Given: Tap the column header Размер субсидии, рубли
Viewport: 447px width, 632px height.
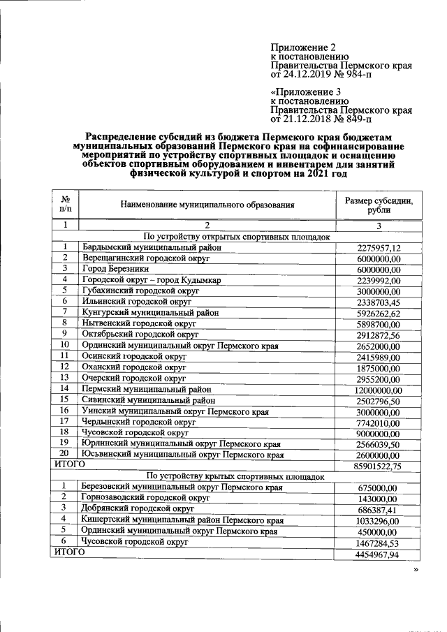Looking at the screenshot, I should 379,205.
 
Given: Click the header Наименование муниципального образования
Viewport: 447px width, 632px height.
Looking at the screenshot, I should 207,205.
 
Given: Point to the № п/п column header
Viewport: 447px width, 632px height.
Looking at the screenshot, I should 65,205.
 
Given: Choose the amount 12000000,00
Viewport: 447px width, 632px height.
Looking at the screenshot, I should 378,390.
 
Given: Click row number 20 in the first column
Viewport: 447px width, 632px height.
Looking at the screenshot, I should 64,454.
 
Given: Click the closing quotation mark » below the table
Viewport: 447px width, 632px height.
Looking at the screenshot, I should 415,571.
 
